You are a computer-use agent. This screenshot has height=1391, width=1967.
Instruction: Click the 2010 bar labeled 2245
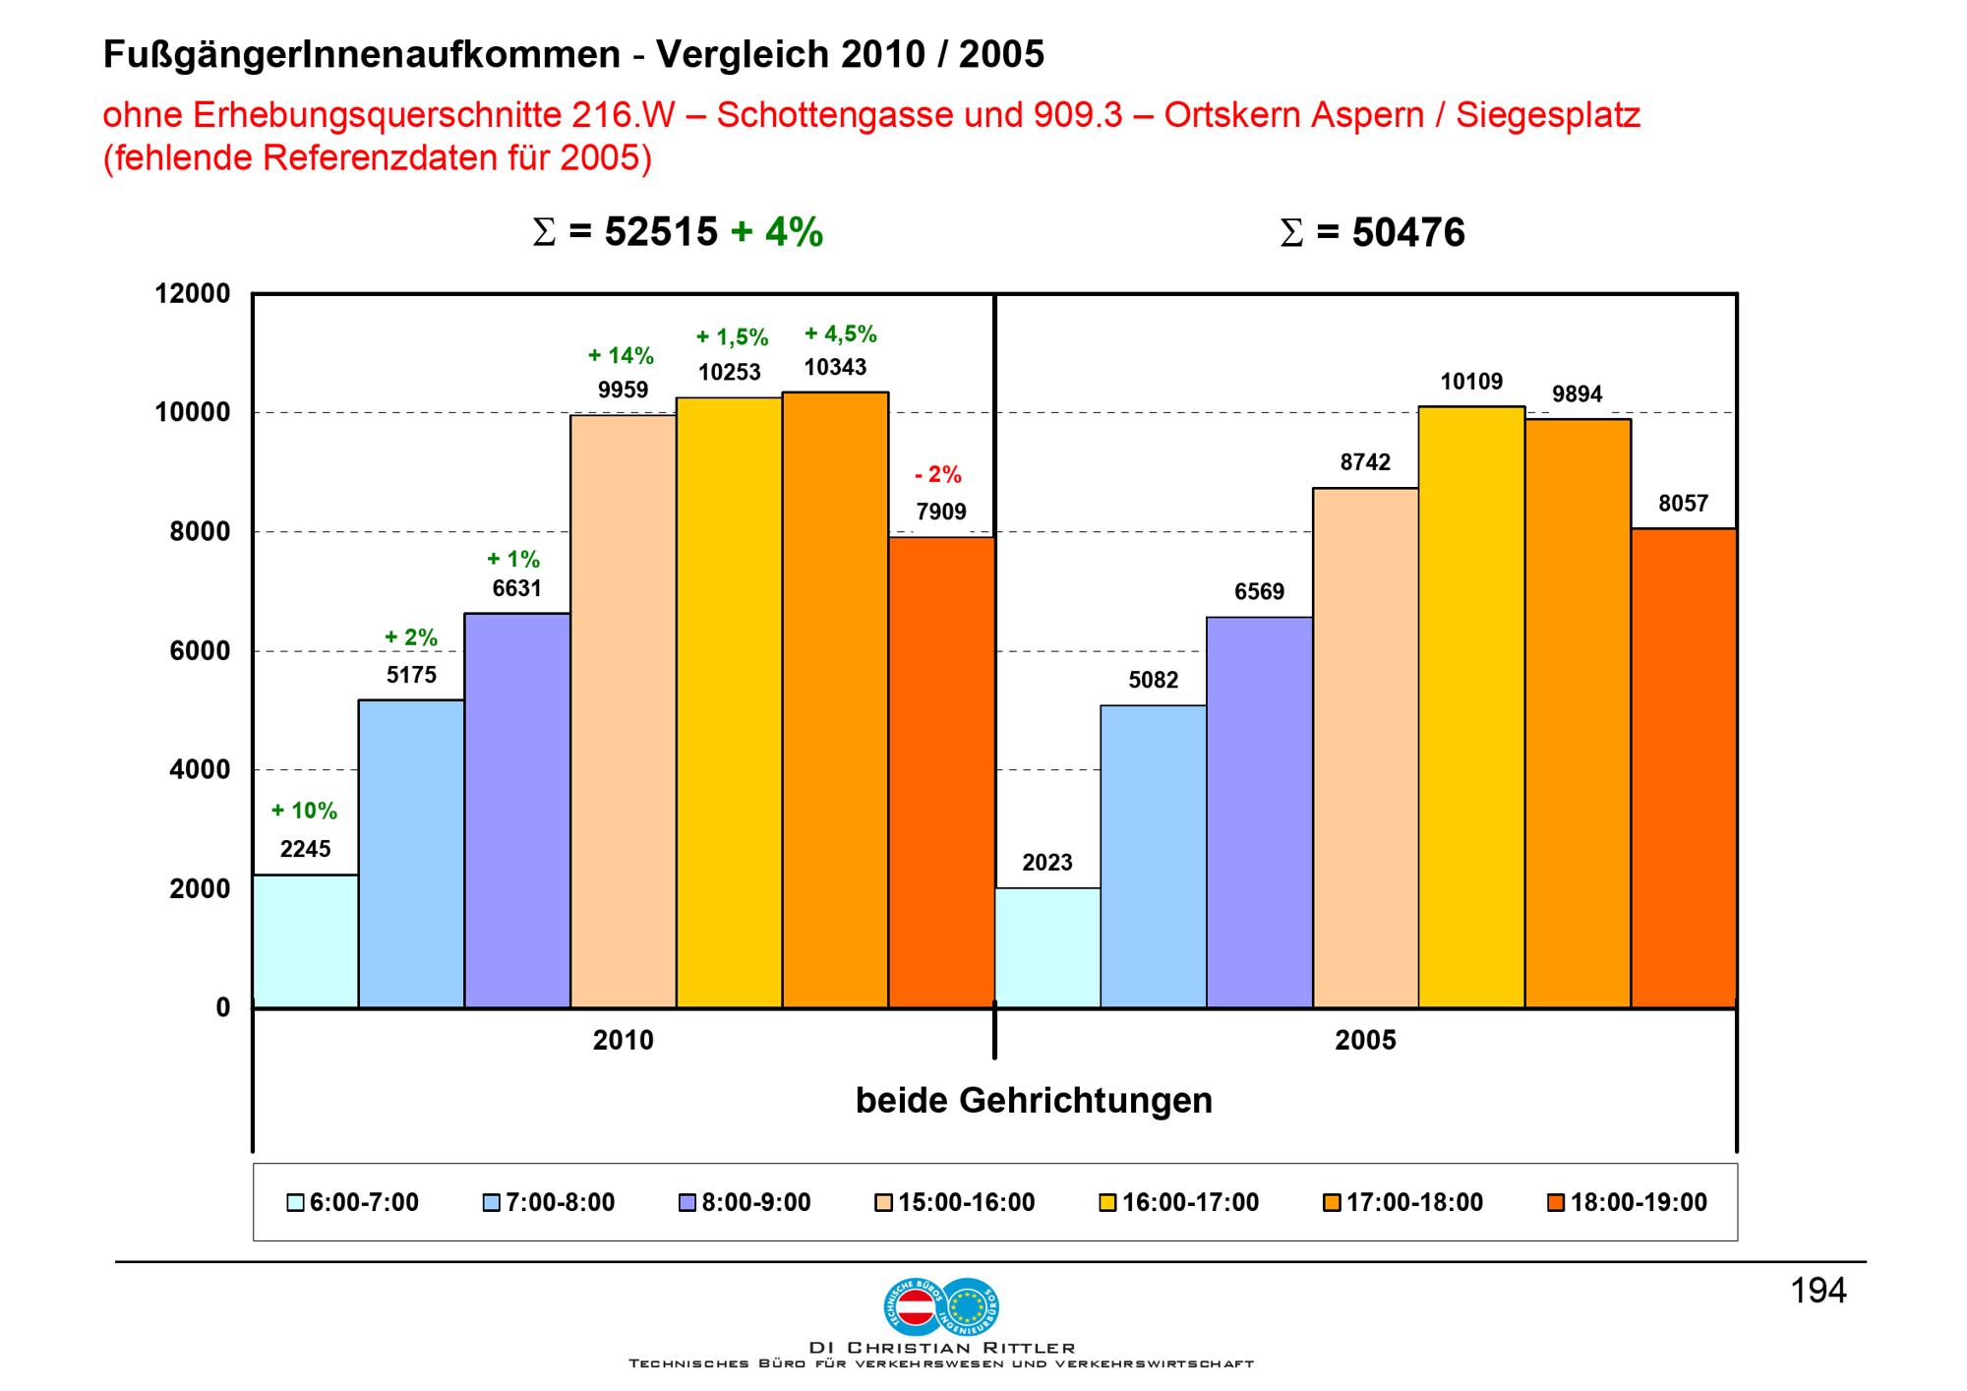[x=305, y=940]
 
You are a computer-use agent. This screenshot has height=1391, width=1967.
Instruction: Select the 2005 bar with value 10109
[x=1471, y=706]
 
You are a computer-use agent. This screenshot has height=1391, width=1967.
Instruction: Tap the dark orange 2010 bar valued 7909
[x=941, y=771]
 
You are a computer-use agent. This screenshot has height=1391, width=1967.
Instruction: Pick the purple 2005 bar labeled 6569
[x=1259, y=812]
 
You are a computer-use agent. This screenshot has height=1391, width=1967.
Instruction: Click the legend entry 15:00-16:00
[x=954, y=1202]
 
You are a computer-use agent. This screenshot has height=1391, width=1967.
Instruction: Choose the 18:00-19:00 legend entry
[x=1627, y=1202]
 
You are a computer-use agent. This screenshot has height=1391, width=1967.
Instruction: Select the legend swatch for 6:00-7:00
[x=295, y=1203]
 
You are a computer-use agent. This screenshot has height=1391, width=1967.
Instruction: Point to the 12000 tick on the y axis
[x=193, y=294]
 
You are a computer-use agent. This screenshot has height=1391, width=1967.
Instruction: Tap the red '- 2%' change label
[x=938, y=475]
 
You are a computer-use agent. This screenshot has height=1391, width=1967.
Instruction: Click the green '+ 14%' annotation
[x=621, y=355]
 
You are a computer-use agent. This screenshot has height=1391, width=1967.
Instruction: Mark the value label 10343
[x=835, y=367]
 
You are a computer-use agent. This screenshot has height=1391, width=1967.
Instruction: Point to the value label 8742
[x=1365, y=462]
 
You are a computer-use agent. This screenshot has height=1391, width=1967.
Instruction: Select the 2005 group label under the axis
[x=1365, y=1041]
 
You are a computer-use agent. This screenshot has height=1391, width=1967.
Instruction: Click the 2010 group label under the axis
[x=623, y=1041]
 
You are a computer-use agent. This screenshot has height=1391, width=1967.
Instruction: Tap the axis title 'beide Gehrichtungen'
[x=1034, y=1100]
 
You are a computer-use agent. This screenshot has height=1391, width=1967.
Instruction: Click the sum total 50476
[x=1407, y=233]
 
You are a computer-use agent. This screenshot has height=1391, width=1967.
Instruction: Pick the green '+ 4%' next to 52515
[x=777, y=232]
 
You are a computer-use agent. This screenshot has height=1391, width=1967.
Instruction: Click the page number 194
[x=1818, y=1291]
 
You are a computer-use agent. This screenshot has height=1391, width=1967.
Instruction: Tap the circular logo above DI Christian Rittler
[x=941, y=1305]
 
